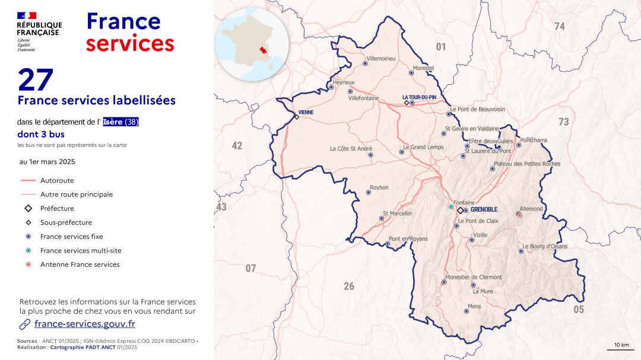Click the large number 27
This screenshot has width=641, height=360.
36,80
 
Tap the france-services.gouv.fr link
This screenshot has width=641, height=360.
84,324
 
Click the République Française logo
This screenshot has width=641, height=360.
39,31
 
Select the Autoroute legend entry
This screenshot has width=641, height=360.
57,180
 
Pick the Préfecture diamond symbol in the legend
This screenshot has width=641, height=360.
28,208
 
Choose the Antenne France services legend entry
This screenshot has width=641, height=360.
80,265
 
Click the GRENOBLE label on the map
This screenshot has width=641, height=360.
483,210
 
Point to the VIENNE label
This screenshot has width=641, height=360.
306,112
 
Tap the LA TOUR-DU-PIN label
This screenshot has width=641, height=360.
419,97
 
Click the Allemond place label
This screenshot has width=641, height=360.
531,209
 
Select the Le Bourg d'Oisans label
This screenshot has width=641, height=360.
545,246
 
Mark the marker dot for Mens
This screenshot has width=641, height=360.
467,311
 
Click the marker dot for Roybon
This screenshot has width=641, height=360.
369,192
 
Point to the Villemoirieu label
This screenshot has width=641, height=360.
381,58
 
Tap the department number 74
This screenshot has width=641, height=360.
559,26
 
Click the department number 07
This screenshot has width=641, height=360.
250,269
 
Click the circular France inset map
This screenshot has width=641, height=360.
252,44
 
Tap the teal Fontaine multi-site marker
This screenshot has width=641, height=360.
451,207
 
